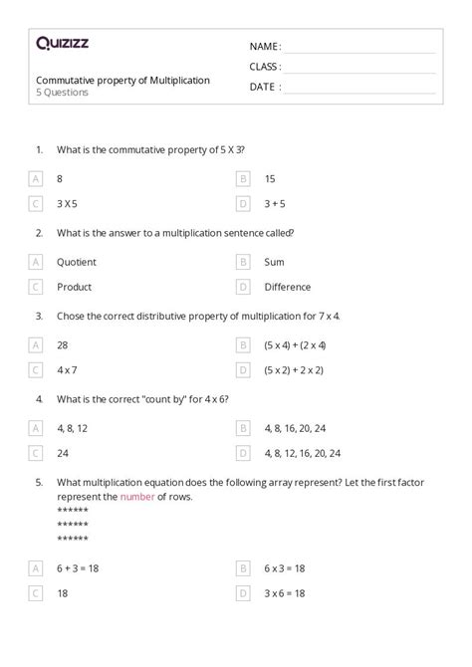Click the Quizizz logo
coord(63,43)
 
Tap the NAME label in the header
coord(265,47)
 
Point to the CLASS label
coord(265,67)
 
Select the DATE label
coord(264,87)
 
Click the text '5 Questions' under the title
coord(62,93)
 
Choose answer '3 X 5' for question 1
coord(67,204)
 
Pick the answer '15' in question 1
coord(270,179)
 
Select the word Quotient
coord(77,262)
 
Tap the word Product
coord(74,287)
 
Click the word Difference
coord(288,287)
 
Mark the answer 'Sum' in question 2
coord(274,262)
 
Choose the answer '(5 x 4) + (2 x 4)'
coord(295,344)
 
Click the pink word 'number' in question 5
coord(136,496)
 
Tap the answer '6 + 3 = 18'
coord(78,568)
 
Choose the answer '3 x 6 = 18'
coord(285,593)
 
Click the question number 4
coord(39,398)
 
